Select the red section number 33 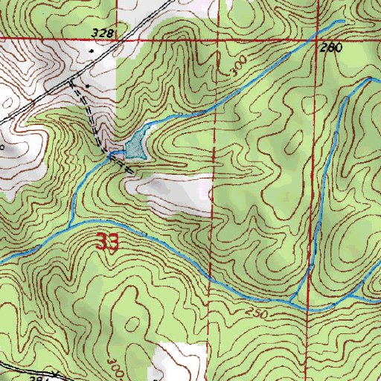pos(106,243)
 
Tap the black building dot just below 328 pos(92,51)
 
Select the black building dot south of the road pos(88,86)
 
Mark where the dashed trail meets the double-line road pos(72,78)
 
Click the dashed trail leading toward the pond pos(93,119)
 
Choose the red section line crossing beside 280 pos(317,36)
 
